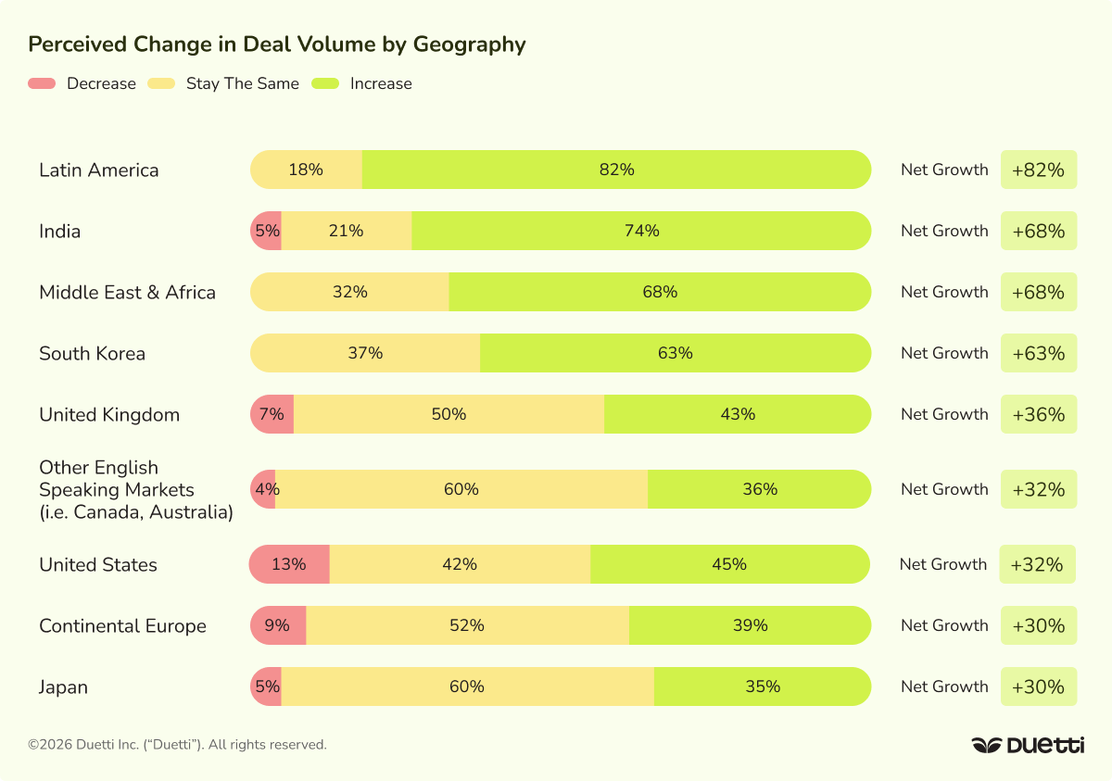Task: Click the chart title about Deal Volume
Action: (x=277, y=44)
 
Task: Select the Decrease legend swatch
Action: (x=42, y=83)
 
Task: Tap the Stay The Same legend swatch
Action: (x=161, y=83)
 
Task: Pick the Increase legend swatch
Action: (x=325, y=83)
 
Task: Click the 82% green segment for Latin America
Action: (x=616, y=170)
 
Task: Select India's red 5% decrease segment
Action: (x=267, y=231)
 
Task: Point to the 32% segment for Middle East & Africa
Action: (x=350, y=292)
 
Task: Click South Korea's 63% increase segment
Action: (x=675, y=353)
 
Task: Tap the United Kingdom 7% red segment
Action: (x=272, y=414)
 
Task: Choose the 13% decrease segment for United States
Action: (x=290, y=564)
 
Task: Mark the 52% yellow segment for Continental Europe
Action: (x=467, y=625)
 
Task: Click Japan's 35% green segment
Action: (x=762, y=687)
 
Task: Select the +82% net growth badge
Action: (x=1039, y=170)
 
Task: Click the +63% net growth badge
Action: (x=1039, y=353)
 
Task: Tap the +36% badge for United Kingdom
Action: (x=1039, y=414)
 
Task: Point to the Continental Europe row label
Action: (x=122, y=626)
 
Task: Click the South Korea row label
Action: (x=92, y=354)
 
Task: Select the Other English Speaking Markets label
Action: (x=135, y=489)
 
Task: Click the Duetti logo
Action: (x=1028, y=745)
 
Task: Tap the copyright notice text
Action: (x=177, y=745)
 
